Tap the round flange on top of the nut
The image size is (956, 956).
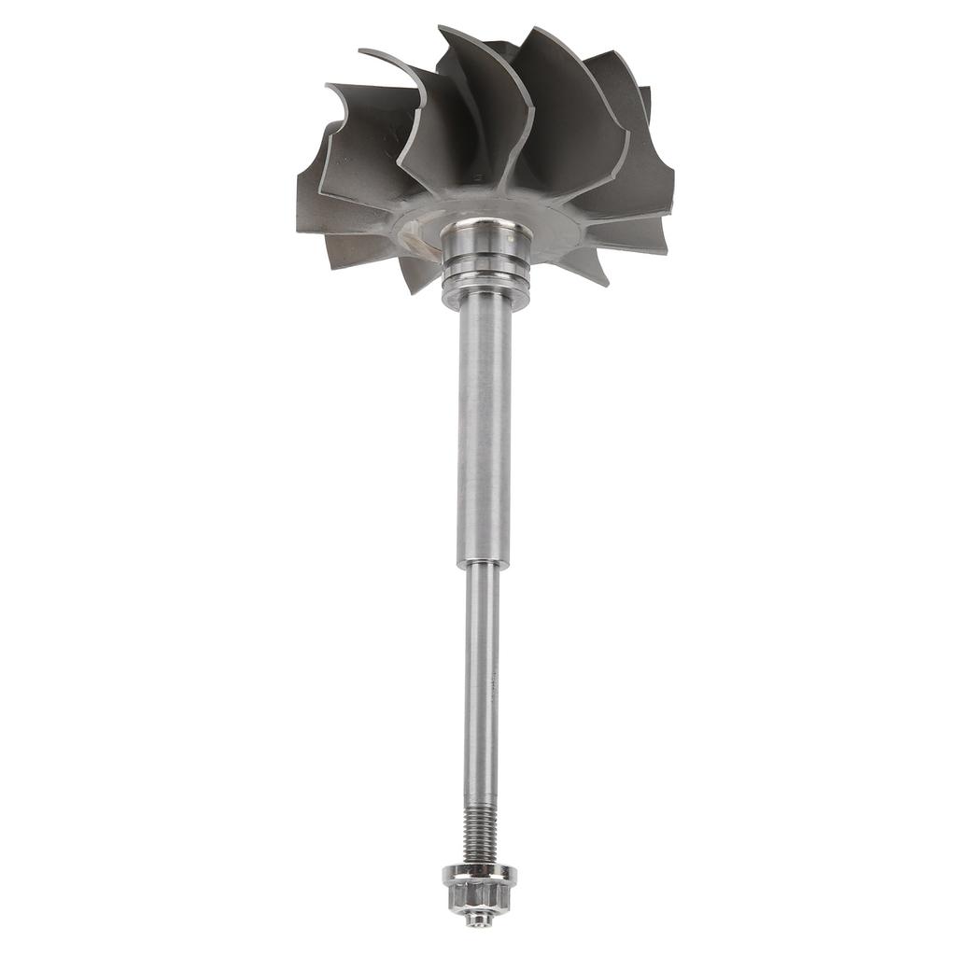click(479, 874)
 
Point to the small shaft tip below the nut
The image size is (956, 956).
click(479, 921)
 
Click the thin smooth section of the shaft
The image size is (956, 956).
click(482, 672)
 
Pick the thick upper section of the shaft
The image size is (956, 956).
click(485, 429)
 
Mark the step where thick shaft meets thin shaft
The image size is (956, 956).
click(483, 565)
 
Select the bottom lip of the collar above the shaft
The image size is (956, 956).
click(485, 297)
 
